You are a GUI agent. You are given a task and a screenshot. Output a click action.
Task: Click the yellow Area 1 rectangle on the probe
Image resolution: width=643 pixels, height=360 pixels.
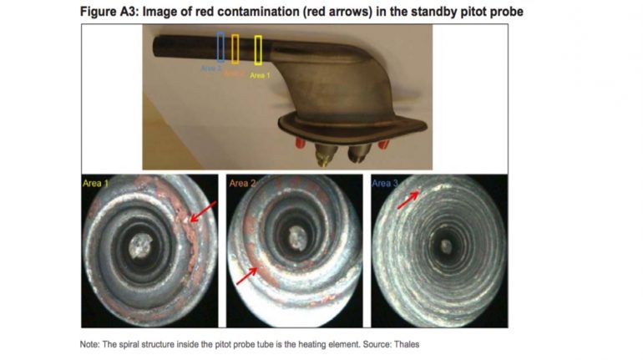[x=258, y=50]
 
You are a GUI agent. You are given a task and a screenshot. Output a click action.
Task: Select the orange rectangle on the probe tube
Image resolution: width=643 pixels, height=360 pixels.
[x=235, y=48]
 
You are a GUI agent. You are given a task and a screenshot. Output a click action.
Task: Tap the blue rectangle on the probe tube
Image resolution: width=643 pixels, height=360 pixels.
[x=220, y=48]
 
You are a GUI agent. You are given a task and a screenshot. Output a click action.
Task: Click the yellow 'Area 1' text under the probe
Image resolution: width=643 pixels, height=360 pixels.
[x=260, y=75]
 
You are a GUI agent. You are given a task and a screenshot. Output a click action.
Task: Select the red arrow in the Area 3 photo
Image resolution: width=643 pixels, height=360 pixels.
[x=408, y=200]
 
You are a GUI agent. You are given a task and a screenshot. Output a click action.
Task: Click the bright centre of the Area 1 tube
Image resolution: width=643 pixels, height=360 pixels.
[x=143, y=244]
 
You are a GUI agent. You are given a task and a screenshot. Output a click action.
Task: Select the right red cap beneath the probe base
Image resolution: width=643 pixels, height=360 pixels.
[x=383, y=145]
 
